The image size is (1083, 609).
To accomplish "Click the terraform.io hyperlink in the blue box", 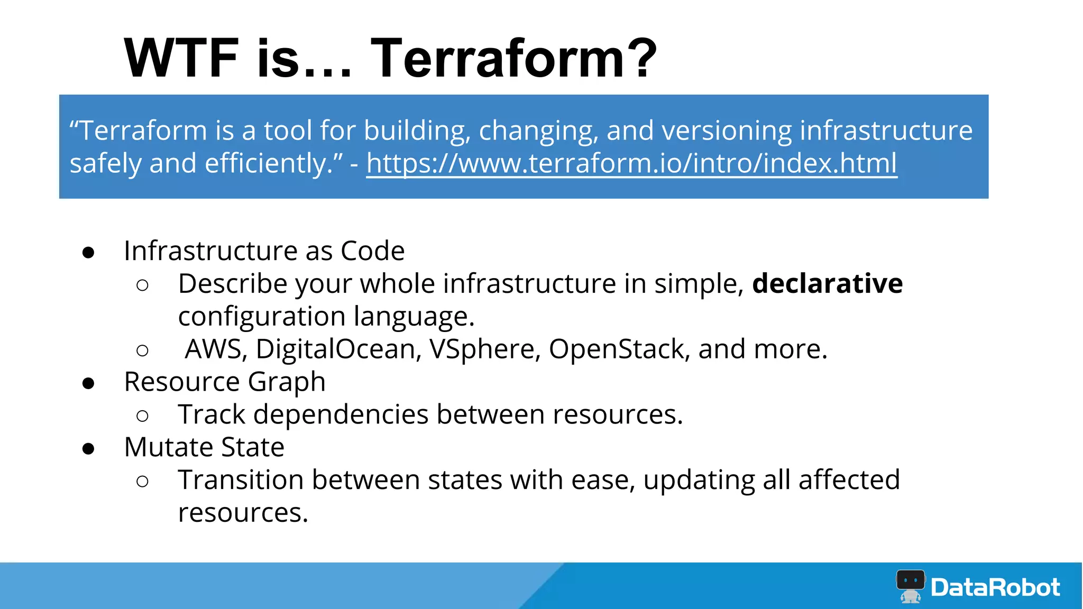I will [x=631, y=163].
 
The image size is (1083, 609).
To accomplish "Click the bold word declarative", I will [x=827, y=283].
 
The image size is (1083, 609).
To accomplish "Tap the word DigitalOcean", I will [x=338, y=349].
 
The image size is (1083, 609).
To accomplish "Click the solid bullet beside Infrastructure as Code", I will [x=88, y=252].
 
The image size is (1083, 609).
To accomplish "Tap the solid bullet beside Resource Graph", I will [x=88, y=383].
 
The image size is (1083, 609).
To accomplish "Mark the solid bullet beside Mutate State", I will [x=88, y=449].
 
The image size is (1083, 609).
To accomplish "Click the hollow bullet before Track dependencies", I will [x=142, y=416].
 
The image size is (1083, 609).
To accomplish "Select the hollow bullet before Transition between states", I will [x=142, y=481].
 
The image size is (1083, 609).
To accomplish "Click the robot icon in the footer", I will [x=910, y=586].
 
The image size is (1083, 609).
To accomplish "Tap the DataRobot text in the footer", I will [x=995, y=587].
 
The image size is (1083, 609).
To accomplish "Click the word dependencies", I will [x=341, y=414].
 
